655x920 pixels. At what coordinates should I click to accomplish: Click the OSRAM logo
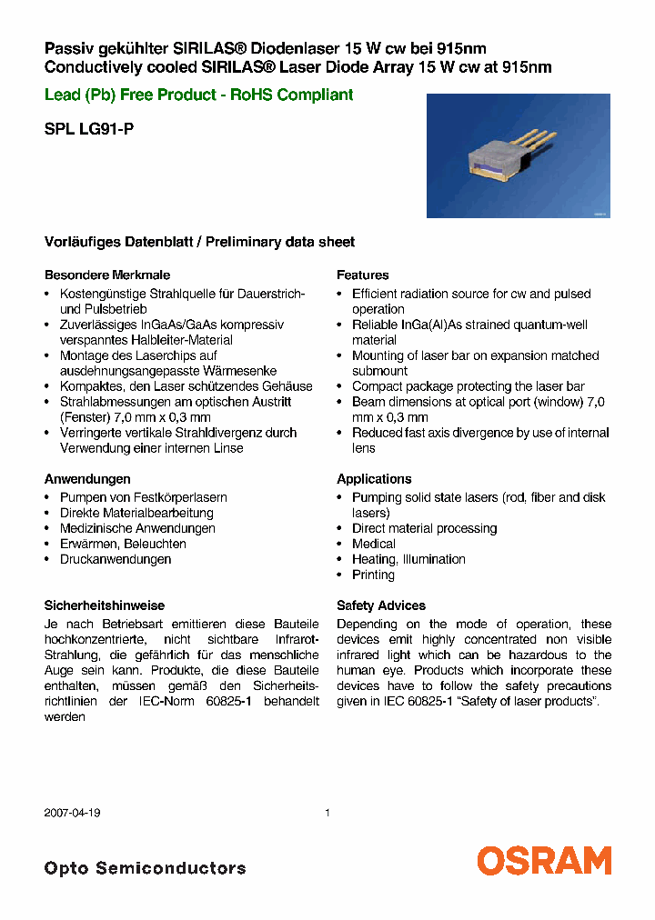(x=544, y=860)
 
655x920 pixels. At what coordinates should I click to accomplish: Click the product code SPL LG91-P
(x=89, y=129)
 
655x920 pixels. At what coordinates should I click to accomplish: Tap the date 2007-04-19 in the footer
(x=72, y=813)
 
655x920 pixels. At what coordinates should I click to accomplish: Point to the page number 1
(x=327, y=813)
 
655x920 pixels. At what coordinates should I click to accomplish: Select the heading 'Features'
(x=362, y=275)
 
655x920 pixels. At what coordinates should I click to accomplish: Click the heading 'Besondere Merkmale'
(x=107, y=275)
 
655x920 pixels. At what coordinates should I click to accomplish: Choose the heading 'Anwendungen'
(x=87, y=478)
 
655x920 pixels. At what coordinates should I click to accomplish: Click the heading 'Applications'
(x=374, y=478)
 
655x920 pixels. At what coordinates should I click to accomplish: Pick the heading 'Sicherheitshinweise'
(x=105, y=605)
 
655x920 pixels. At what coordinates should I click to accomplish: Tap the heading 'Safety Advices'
(x=380, y=605)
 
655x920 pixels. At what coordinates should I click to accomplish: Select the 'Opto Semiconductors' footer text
(x=145, y=868)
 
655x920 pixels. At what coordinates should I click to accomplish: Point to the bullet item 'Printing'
(x=373, y=575)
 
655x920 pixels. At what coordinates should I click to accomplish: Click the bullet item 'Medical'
(x=373, y=544)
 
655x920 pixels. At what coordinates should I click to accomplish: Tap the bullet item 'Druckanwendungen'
(x=116, y=559)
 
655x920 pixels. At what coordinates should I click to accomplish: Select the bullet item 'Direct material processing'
(x=424, y=528)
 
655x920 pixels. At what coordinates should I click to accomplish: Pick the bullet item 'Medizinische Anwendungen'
(x=137, y=528)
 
